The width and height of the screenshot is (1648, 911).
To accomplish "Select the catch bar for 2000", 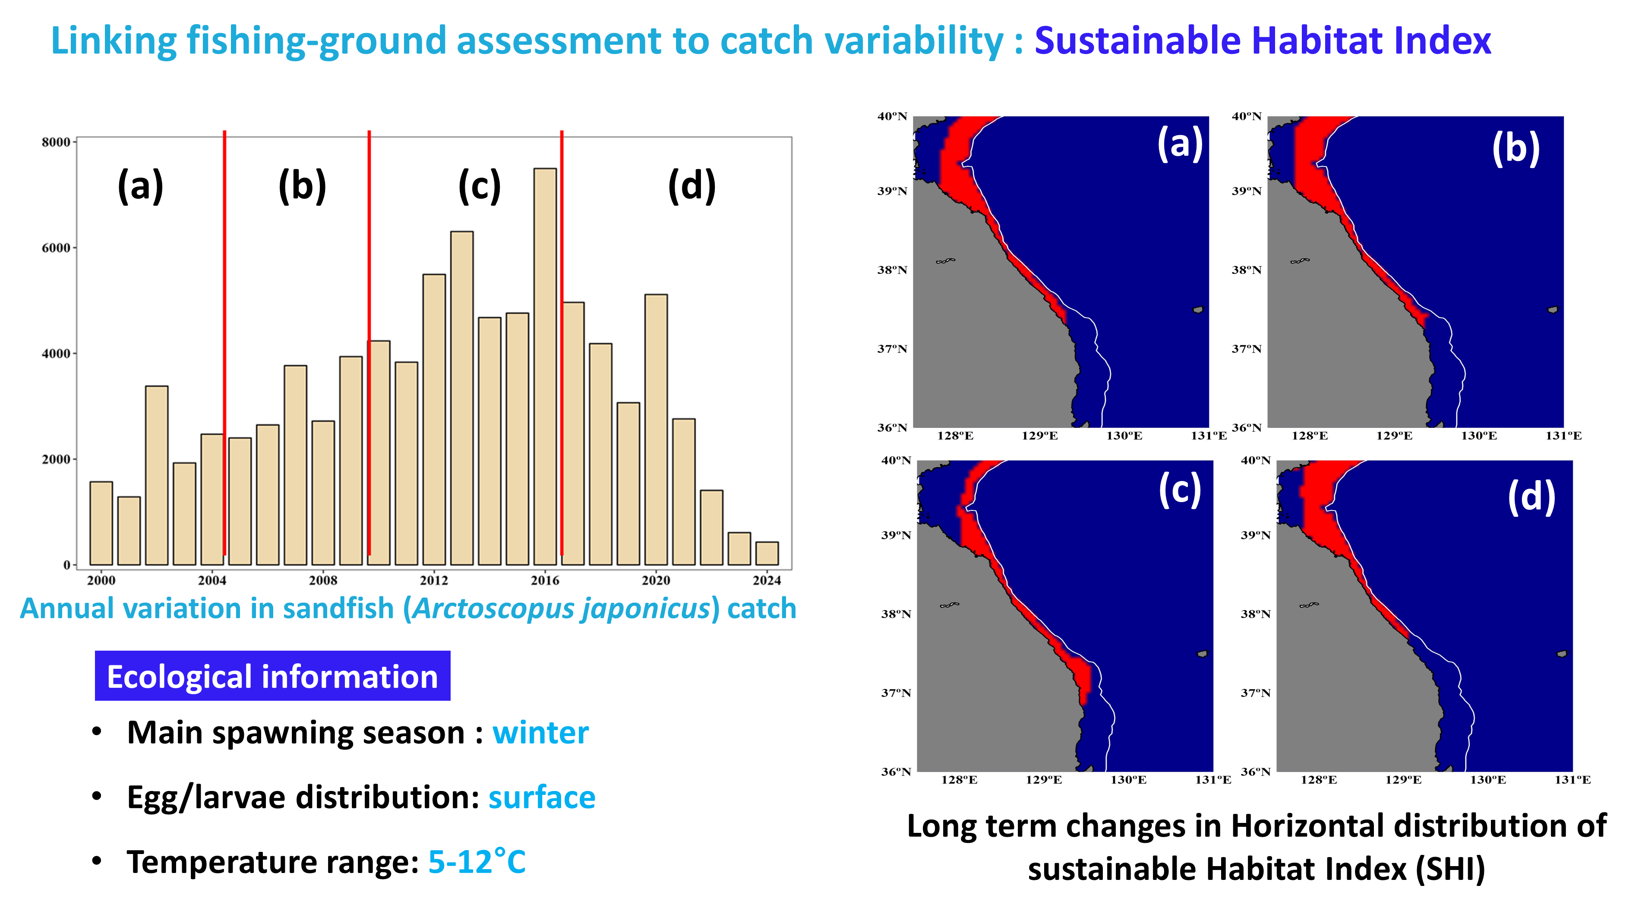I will pos(101,523).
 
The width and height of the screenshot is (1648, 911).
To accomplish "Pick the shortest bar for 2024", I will pos(767,554).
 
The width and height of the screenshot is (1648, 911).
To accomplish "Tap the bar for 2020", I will pos(656,429).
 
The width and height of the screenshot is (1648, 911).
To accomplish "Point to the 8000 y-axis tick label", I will pos(56,142).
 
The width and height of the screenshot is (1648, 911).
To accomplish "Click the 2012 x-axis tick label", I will pos(434,580).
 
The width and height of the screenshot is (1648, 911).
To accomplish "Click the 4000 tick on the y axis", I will pos(56,353).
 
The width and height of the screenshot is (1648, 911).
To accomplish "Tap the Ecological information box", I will pos(272,676).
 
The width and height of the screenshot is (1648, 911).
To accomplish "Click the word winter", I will pos(540,733).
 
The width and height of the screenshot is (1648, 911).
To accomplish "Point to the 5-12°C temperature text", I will pos(477,862).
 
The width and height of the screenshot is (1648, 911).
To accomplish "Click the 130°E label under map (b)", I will pos(1478,436).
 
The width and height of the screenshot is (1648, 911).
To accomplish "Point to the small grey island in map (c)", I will pos(1202,654).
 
